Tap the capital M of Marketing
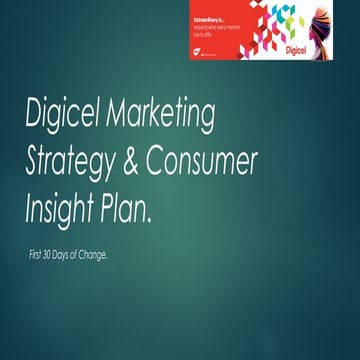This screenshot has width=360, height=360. pyautogui.click(x=130, y=117)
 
